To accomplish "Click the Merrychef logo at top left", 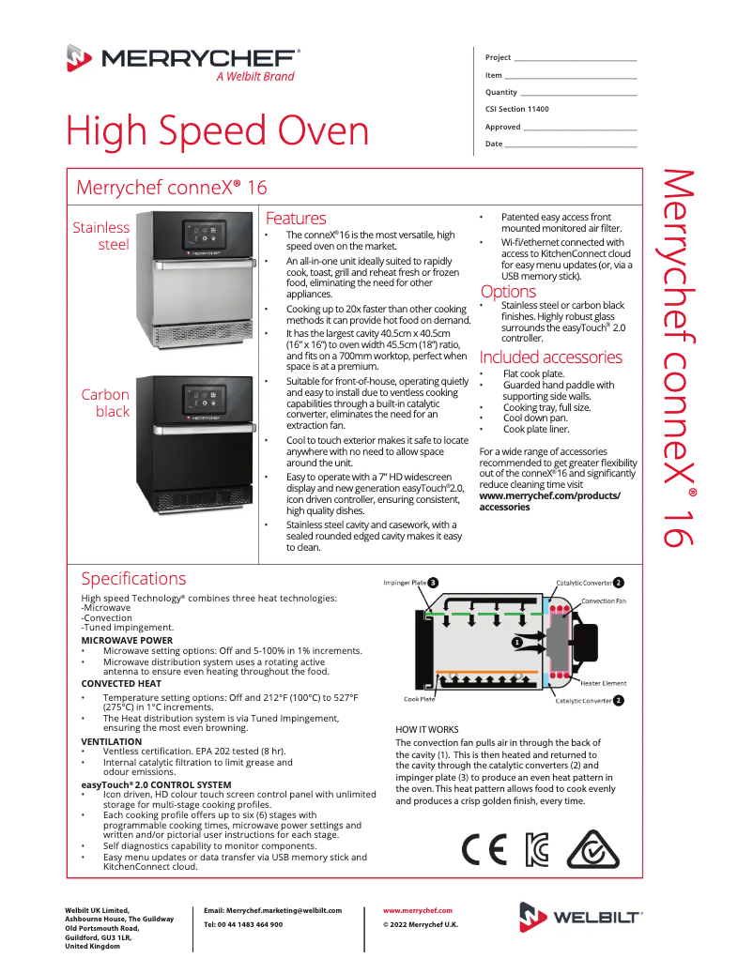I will point(183,62).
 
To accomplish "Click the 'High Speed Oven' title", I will point(217,131).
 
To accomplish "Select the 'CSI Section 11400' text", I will point(517,109).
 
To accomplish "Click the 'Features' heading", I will point(296,219).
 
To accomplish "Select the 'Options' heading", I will point(508,292).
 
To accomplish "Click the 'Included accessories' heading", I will point(550,357).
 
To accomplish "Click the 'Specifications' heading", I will point(133,579).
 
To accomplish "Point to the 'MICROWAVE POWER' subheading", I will point(127,641).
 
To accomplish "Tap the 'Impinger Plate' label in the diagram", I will point(405,583).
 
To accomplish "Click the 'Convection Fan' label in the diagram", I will point(604,601).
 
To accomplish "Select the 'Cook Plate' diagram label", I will point(419,699).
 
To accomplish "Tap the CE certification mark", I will point(484,849).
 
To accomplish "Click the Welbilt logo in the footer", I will point(581,917).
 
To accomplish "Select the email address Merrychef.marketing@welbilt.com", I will point(272,910).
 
